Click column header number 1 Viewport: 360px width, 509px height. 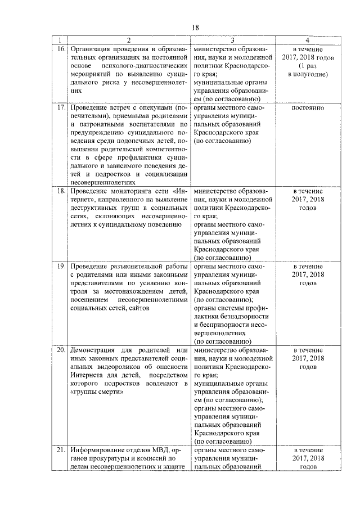(x=60, y=40)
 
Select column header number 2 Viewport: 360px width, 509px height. (x=128, y=40)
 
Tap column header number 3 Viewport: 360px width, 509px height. (x=232, y=40)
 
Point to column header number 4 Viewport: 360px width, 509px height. (x=307, y=40)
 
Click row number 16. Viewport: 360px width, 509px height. (x=60, y=49)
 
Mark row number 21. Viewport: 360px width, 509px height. (x=60, y=451)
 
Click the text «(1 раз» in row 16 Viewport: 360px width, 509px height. (x=307, y=66)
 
